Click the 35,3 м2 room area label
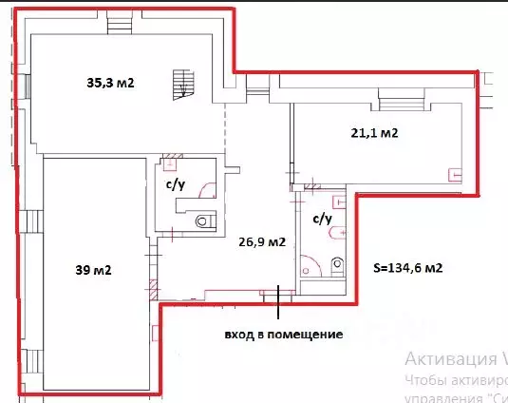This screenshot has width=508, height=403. click(111, 84)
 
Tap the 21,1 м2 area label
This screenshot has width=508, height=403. click(372, 133)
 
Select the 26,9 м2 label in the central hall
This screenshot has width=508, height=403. click(261, 242)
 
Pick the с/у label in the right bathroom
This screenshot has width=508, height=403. click(322, 219)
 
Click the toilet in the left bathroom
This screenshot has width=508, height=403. click(205, 222)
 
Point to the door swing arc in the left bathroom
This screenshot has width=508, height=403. click(207, 189)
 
